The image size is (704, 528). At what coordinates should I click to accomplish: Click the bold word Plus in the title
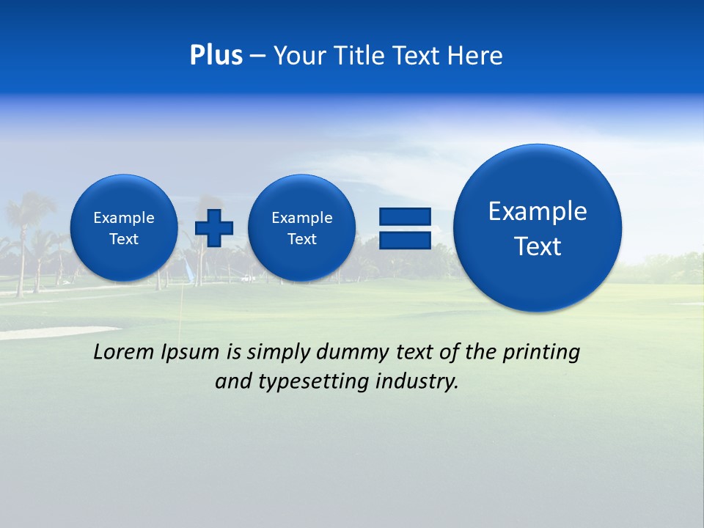[x=216, y=56]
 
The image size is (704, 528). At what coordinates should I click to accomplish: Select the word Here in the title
[x=474, y=56]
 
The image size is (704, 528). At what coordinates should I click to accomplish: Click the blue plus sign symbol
[x=214, y=228]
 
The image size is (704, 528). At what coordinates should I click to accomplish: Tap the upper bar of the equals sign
[x=404, y=216]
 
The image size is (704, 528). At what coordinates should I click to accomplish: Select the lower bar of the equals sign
[x=404, y=241]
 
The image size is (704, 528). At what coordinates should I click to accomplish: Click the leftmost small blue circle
[x=124, y=228]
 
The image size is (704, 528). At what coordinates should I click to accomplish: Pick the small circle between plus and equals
[x=301, y=228]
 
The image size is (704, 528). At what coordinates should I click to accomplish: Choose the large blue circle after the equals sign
[x=538, y=227]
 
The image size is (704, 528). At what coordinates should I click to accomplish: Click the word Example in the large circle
[x=538, y=211]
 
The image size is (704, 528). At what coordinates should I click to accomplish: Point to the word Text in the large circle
[x=538, y=246]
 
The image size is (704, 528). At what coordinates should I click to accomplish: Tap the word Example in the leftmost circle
[x=124, y=218]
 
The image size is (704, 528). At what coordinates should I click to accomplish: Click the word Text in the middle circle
[x=301, y=239]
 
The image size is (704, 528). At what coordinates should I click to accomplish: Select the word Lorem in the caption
[x=124, y=352]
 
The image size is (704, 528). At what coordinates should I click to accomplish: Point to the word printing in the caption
[x=540, y=352]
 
